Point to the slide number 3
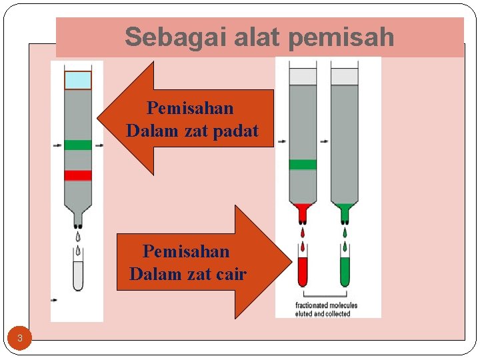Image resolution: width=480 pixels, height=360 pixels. [20, 339]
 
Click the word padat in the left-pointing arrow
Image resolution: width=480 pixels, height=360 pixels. [235, 131]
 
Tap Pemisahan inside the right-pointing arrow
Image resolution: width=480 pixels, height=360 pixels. [185, 251]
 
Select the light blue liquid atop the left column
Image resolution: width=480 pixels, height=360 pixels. [78, 80]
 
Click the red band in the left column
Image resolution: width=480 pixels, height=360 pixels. [78, 175]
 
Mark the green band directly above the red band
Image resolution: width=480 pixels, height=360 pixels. [78, 145]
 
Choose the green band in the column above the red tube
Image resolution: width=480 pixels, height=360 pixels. [303, 165]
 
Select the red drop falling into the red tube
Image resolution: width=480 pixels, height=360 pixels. [303, 233]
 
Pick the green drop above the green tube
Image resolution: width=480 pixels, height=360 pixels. [345, 233]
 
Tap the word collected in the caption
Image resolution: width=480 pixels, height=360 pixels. [338, 313]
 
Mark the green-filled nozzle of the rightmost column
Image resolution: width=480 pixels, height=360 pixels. [345, 211]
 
